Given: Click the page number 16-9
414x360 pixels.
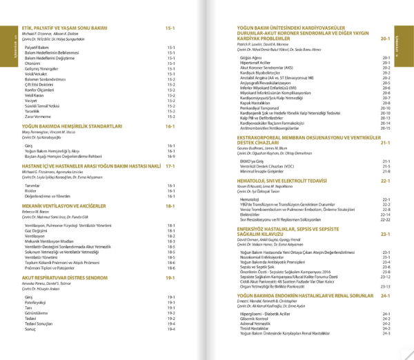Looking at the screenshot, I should tap(170, 157).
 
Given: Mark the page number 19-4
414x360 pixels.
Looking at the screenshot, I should tap(170, 323).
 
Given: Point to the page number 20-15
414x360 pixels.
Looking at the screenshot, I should tap(385, 128).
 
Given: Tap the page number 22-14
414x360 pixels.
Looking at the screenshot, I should tap(385, 214).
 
